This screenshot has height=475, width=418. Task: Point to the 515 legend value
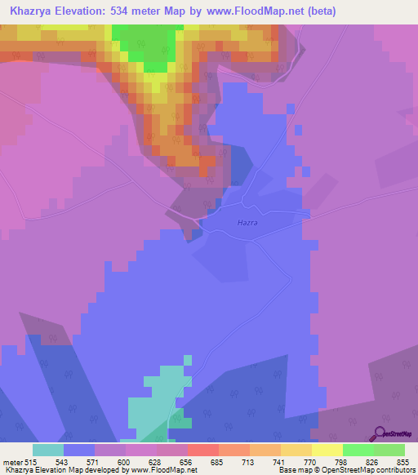30,461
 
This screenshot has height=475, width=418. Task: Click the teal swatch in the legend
48,450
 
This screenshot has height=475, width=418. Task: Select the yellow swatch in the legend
327,450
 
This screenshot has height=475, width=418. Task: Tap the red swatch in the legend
203,450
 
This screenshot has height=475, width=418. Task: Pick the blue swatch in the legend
79,450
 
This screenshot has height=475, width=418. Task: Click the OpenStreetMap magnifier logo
379,433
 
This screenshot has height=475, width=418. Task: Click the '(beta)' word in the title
319,11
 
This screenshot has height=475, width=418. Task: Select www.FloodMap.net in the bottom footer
164,470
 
